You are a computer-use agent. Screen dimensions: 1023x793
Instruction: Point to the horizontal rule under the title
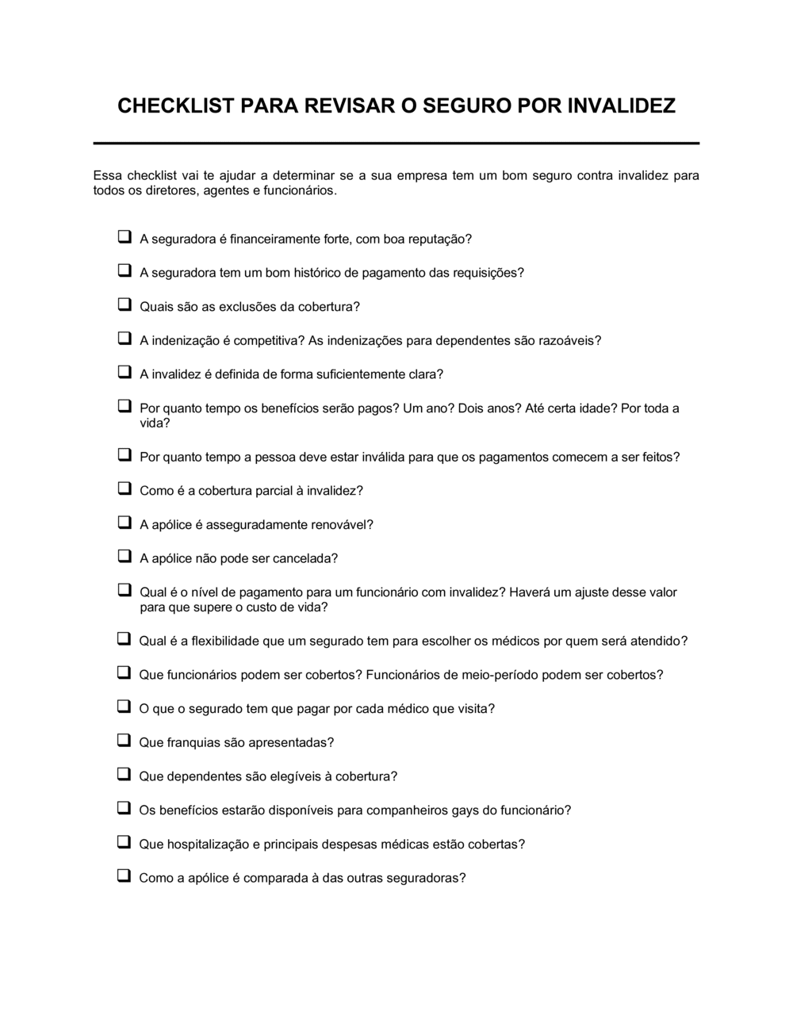point(396,144)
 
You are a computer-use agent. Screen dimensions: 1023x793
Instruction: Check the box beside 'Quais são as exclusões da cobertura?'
point(125,305)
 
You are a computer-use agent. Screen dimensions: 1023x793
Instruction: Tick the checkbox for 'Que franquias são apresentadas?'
point(124,741)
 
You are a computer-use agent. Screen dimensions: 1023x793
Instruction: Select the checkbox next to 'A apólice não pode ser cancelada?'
point(125,557)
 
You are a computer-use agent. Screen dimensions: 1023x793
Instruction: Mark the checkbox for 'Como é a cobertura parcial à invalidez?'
point(125,489)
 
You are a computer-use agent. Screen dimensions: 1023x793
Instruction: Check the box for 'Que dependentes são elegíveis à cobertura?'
point(124,775)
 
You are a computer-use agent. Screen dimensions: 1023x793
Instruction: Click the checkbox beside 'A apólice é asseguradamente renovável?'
point(125,523)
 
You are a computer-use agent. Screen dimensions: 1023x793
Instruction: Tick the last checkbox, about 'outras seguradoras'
point(124,876)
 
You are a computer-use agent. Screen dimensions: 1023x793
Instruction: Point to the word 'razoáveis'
point(569,341)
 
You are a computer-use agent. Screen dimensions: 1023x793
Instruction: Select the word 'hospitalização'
point(208,845)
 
